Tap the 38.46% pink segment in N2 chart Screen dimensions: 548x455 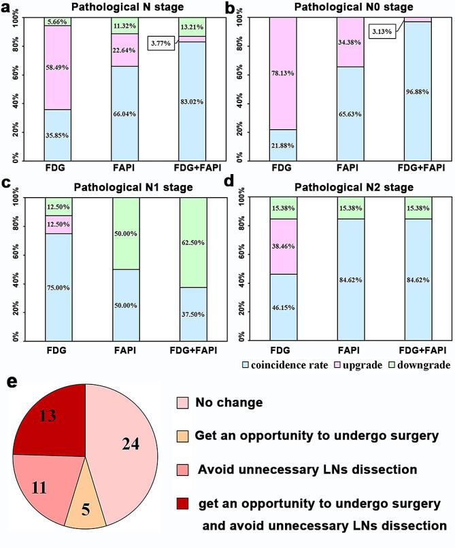[284, 245]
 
